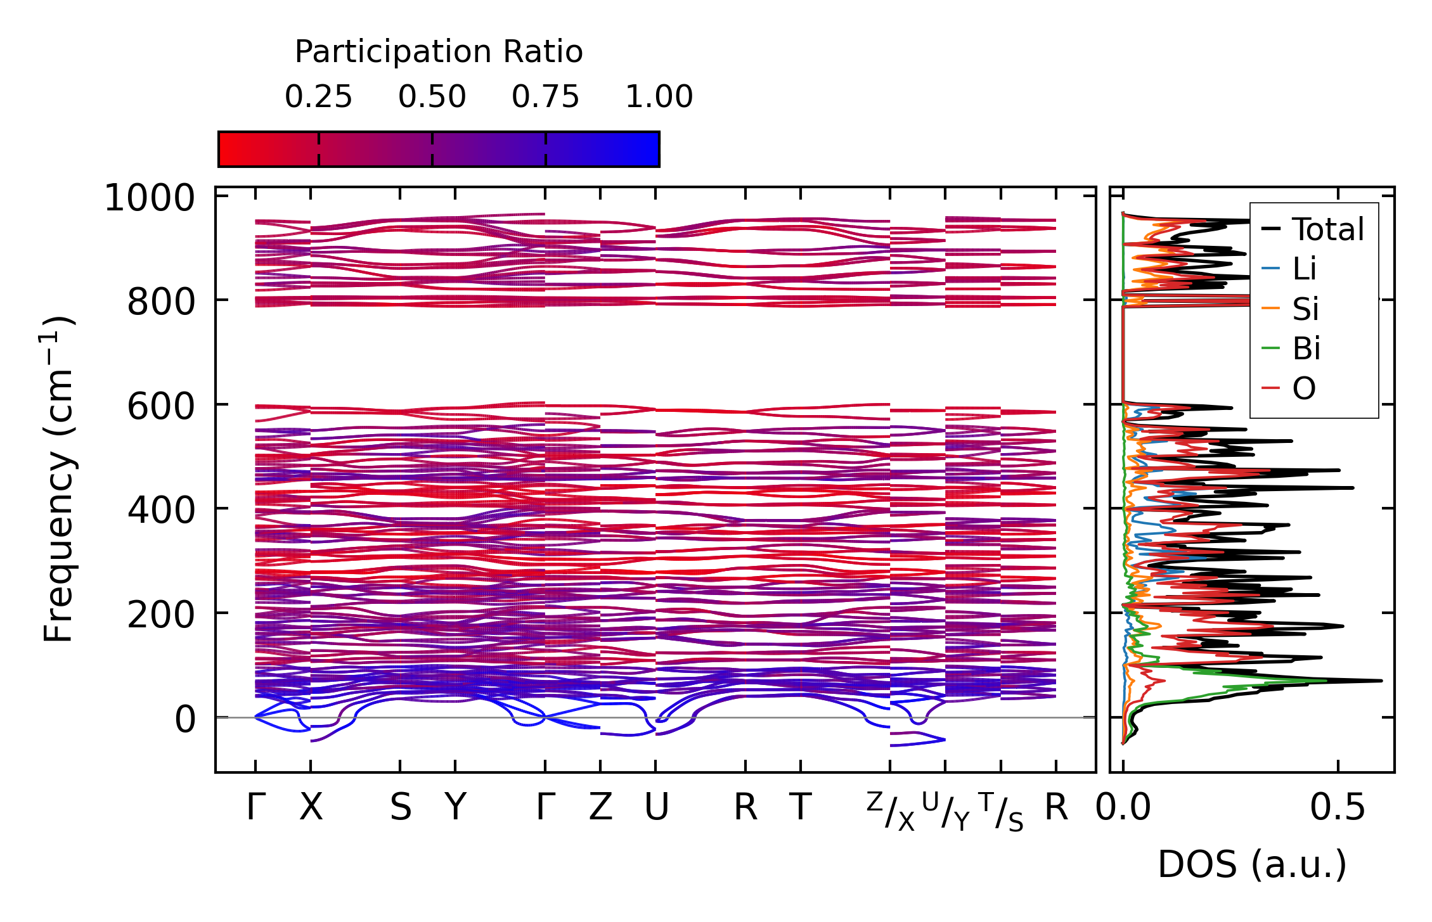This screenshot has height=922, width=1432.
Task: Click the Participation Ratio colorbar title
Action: click(x=439, y=52)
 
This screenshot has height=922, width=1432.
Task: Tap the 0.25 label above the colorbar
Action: click(x=318, y=97)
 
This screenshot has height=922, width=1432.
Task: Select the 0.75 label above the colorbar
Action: click(x=545, y=97)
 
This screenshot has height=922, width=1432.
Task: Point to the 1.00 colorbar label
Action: click(x=659, y=97)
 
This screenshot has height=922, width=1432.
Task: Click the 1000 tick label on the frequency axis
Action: click(x=150, y=198)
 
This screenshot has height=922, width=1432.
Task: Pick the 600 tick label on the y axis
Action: click(x=161, y=406)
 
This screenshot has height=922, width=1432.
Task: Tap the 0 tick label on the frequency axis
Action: click(x=185, y=719)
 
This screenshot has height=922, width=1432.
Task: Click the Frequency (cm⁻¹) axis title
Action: click(x=58, y=480)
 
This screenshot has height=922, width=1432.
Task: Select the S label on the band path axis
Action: click(x=401, y=808)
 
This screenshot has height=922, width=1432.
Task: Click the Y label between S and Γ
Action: click(x=455, y=808)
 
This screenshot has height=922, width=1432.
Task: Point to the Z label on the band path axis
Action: click(x=600, y=808)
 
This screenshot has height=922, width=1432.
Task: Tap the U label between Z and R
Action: click(x=656, y=808)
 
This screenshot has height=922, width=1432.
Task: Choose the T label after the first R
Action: click(x=801, y=808)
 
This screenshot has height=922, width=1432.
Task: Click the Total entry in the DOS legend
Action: click(x=1328, y=229)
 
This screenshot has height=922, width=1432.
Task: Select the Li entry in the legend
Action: click(x=1305, y=269)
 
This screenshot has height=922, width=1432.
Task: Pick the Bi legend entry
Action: click(x=1306, y=349)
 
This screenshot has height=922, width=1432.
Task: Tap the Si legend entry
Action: click(x=1305, y=309)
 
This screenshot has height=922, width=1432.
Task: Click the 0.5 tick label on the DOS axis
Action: click(x=1338, y=808)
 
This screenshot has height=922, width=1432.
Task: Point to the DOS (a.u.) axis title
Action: click(x=1252, y=865)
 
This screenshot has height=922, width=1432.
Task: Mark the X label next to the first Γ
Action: click(x=311, y=808)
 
